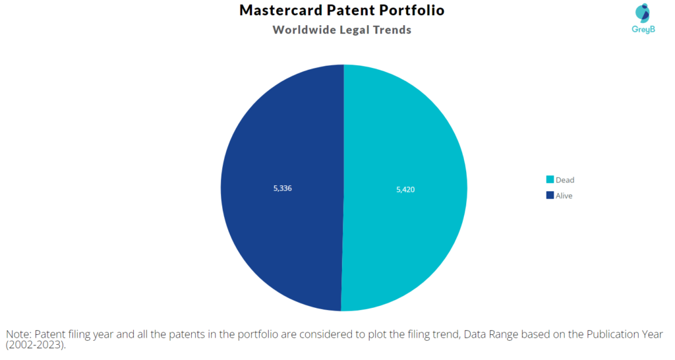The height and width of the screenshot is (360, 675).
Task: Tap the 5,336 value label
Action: pyautogui.click(x=282, y=188)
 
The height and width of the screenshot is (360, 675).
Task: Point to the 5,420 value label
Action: pyautogui.click(x=405, y=189)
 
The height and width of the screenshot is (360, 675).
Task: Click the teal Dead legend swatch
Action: pyautogui.click(x=550, y=179)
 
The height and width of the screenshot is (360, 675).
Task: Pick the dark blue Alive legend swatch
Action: pyautogui.click(x=550, y=195)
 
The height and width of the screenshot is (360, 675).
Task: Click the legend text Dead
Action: pyautogui.click(x=565, y=180)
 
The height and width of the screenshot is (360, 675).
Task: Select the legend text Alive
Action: pyautogui.click(x=564, y=196)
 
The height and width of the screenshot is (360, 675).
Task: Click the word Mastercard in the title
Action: pyautogui.click(x=281, y=10)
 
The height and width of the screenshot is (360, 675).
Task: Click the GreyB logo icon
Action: pyautogui.click(x=643, y=13)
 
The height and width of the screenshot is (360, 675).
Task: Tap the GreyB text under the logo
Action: pyautogui.click(x=643, y=29)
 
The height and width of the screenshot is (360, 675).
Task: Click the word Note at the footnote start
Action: pyautogui.click(x=17, y=334)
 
